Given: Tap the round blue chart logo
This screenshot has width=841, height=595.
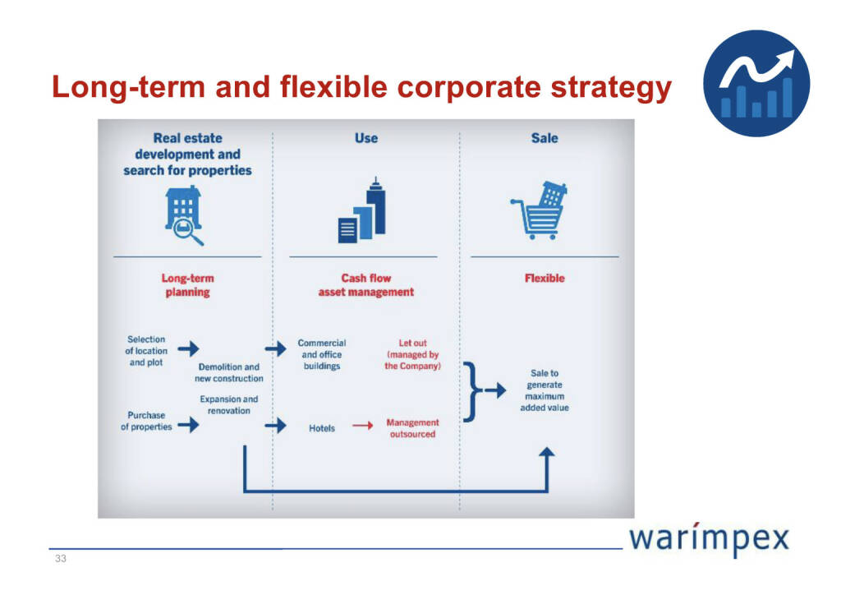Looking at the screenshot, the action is click(x=756, y=83).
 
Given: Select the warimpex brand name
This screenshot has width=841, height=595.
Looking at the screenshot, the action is click(x=709, y=539).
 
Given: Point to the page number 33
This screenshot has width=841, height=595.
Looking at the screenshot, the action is click(x=61, y=559).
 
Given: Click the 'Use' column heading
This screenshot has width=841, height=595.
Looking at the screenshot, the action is click(x=365, y=138).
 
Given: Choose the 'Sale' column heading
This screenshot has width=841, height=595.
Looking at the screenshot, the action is click(x=545, y=138).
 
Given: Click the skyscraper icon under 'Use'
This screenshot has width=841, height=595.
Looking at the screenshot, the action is click(x=362, y=210).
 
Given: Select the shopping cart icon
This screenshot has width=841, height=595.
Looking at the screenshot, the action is click(x=539, y=210).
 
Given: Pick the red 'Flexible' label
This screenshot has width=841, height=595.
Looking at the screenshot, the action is click(x=545, y=278).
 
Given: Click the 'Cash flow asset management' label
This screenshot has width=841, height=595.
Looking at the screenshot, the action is click(x=365, y=285).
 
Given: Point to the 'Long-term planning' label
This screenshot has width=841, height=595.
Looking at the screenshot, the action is click(x=187, y=285).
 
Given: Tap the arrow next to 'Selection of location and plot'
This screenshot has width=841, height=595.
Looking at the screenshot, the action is click(x=188, y=348).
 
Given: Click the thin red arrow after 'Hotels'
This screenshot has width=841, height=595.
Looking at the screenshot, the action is click(x=362, y=426).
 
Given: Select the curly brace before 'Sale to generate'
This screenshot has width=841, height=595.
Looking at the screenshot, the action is click(x=470, y=392).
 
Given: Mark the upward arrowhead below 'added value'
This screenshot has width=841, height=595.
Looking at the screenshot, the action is click(x=546, y=453).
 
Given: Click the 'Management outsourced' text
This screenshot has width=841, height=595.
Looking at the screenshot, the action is click(x=412, y=428).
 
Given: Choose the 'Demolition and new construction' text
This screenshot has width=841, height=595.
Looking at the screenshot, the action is click(x=229, y=372).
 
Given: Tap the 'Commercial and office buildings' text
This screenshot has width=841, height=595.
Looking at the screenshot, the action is click(x=322, y=354).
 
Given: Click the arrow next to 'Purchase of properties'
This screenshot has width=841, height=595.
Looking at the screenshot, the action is click(x=188, y=425).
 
